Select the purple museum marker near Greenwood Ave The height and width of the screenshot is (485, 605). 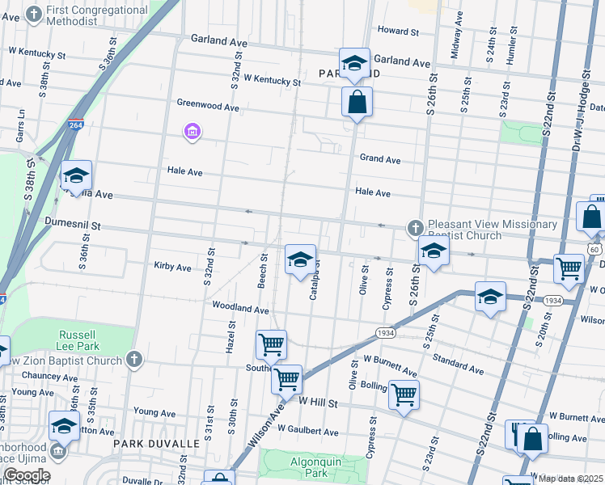[x=192, y=131]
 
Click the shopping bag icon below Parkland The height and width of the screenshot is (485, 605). [x=356, y=103]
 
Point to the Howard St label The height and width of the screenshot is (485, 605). [x=398, y=32]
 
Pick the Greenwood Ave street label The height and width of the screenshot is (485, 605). [x=208, y=106]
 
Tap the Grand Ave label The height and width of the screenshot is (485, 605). [x=380, y=159]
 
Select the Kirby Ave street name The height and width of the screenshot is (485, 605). [x=172, y=266]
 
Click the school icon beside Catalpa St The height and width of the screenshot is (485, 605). [x=300, y=259]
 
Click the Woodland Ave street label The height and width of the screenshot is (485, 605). [x=239, y=308]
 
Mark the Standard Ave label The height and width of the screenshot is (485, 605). [x=458, y=363]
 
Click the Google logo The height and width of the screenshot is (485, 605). [x=26, y=475]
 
